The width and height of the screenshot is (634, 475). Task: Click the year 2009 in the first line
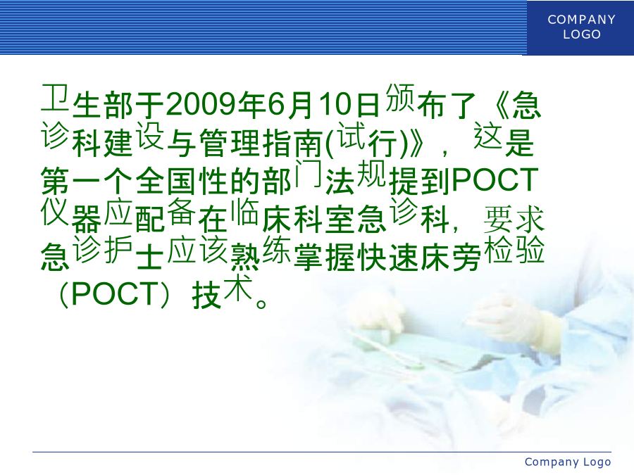(201, 104)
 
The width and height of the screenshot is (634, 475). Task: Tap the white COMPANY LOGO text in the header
(581, 27)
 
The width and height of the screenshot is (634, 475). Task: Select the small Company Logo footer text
(568, 462)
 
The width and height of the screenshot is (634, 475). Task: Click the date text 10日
(349, 105)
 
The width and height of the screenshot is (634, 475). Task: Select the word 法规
(356, 178)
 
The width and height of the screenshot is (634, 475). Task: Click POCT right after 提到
(495, 180)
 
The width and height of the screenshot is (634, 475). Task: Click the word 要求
(514, 220)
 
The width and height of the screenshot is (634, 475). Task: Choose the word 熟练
(261, 253)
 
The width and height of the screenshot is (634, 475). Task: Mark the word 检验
(514, 250)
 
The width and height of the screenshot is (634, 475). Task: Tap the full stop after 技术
(261, 303)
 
